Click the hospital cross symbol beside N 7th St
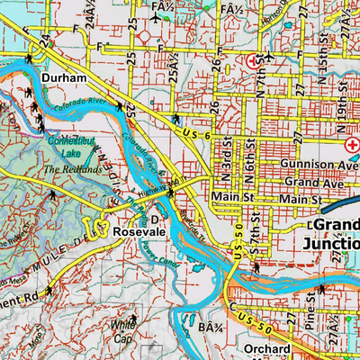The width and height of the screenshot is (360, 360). pos(252,60)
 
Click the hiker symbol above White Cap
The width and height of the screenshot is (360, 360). pos(136,316)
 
